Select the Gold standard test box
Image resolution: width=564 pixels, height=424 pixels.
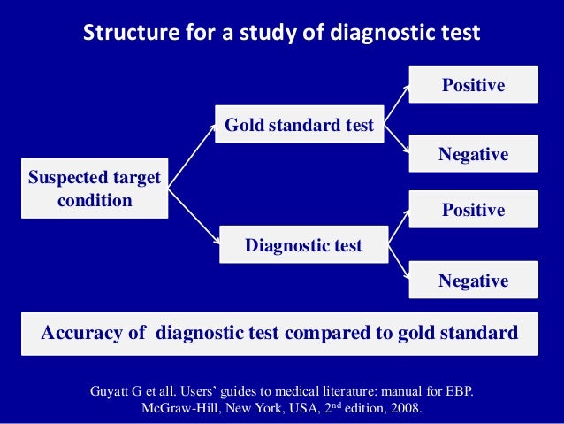[299, 126]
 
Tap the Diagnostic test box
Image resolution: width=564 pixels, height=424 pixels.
[303, 245]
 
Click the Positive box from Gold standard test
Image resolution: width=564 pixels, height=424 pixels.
[473, 85]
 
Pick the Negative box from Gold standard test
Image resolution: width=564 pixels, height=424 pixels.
[473, 154]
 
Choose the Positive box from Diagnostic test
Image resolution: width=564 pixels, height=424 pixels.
[473, 210]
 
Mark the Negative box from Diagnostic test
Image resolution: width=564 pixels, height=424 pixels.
[473, 281]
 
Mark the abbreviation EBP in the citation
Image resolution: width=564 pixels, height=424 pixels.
[455, 390]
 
